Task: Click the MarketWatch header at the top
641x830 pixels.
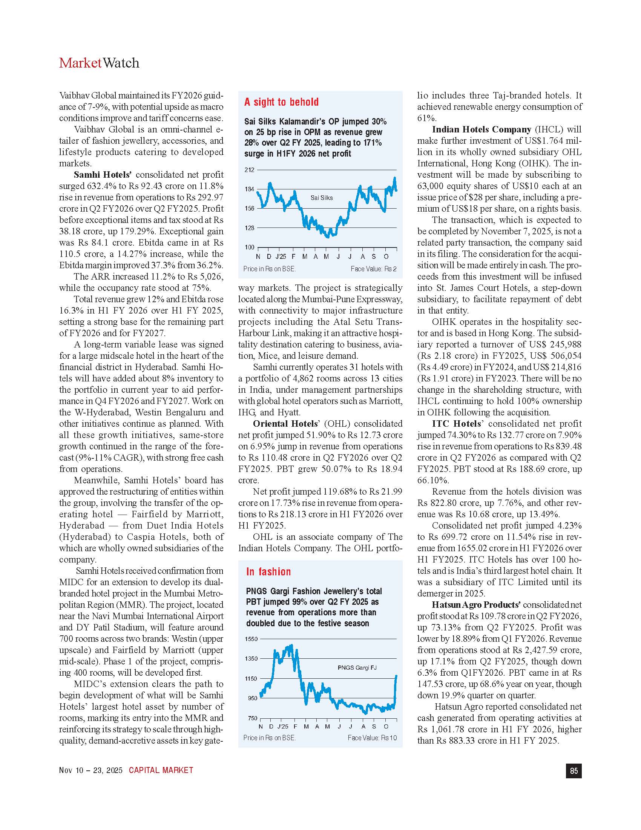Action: coord(99,63)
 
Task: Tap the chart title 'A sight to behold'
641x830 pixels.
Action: coord(281,102)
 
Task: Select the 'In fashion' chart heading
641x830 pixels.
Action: coord(268,572)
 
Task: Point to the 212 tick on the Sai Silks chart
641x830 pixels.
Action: coord(249,170)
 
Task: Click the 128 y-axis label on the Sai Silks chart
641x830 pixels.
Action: coord(249,228)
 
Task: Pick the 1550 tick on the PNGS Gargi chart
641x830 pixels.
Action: coord(251,639)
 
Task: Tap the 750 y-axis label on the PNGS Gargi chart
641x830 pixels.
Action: coord(253,718)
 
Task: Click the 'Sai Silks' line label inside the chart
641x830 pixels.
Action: coord(321,198)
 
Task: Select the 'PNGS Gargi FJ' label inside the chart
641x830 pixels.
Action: coord(357,667)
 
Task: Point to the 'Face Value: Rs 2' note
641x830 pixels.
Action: coord(373,269)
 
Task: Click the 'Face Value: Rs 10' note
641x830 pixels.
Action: coord(372,738)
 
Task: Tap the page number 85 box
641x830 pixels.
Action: coord(574,771)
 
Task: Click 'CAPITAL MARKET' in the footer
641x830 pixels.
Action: coord(161,770)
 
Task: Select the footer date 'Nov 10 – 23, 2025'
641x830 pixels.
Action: coord(91,770)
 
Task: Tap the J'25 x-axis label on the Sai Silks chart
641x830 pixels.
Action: coord(281,257)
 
